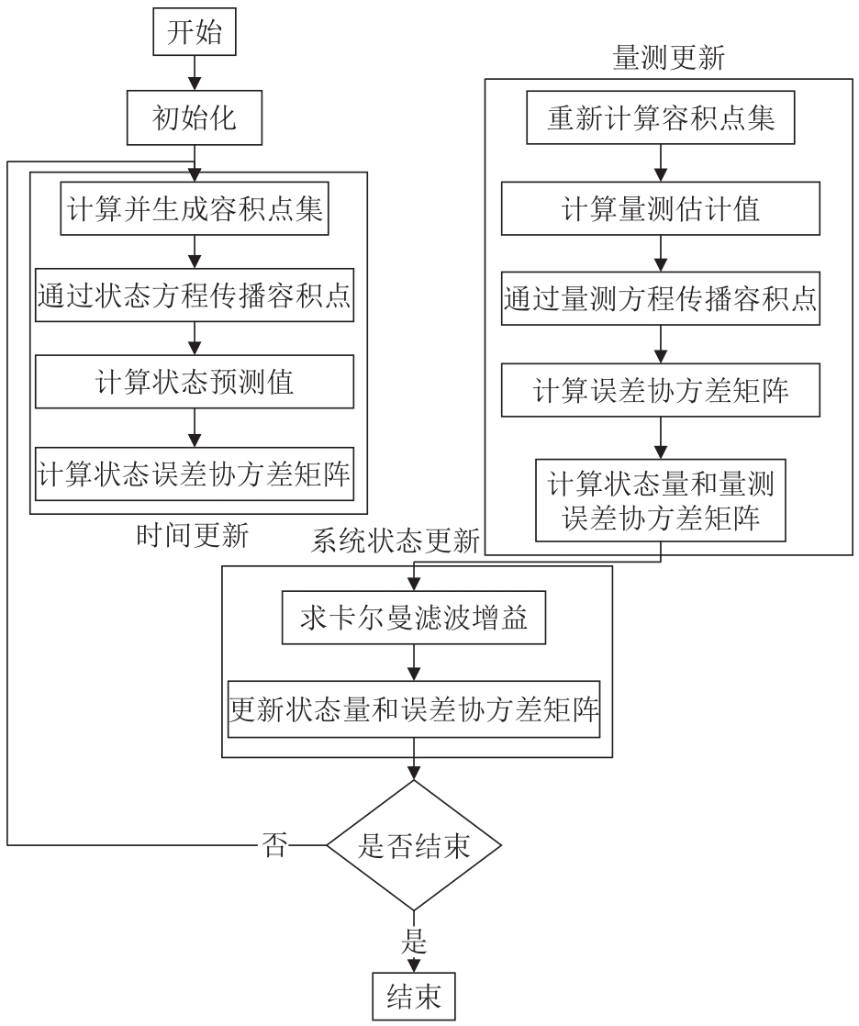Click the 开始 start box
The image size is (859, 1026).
[195, 33]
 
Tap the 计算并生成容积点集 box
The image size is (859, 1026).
[194, 211]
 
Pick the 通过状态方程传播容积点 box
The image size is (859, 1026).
[194, 294]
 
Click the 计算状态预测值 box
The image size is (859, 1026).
[194, 380]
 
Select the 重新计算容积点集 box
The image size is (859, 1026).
[660, 119]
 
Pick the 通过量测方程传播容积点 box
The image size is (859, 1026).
[660, 299]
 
